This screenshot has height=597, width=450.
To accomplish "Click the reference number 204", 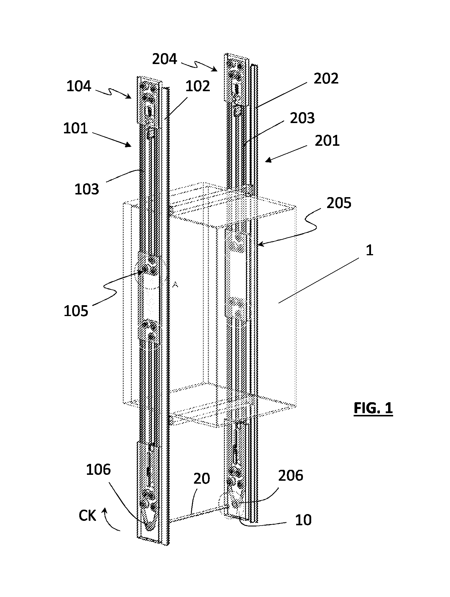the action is click(x=164, y=59).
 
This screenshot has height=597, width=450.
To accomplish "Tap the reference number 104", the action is click(x=79, y=86).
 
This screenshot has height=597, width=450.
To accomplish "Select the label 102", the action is click(x=198, y=86).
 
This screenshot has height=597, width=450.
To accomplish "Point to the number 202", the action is click(x=326, y=78).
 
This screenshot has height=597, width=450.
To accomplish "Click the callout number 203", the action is click(x=302, y=118).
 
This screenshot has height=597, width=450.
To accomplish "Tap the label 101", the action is click(x=76, y=128).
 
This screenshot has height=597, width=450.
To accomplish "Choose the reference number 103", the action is click(x=87, y=189).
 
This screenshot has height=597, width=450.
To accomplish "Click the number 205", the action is click(x=339, y=203).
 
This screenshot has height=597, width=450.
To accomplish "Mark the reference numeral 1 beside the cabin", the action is click(x=369, y=250).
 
